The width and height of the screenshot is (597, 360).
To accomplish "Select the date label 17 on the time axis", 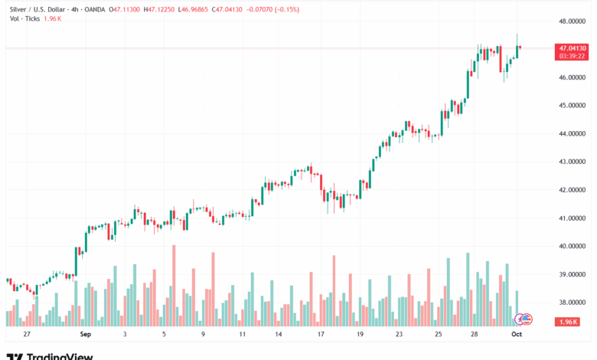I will [321, 335].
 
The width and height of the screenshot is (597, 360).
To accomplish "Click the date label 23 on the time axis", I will [400, 335].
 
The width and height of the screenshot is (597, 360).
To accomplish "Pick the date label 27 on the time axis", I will [27, 335].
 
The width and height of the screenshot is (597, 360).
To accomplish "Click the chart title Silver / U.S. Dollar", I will [35, 9].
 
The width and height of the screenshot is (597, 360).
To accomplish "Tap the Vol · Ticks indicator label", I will [21, 19].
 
